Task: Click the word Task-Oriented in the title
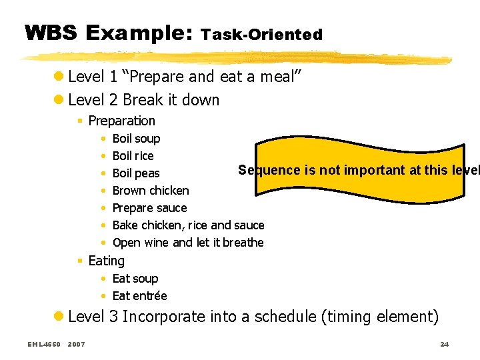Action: click(x=261, y=34)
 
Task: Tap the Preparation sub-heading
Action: click(x=121, y=121)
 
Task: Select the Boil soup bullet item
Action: click(x=136, y=139)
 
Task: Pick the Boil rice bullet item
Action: click(x=133, y=156)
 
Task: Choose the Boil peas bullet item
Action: click(x=136, y=173)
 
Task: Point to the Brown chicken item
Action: click(x=151, y=191)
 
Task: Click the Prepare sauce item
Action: click(x=149, y=208)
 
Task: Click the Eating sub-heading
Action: click(x=106, y=261)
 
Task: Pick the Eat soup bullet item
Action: click(x=135, y=279)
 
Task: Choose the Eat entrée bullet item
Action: click(x=139, y=296)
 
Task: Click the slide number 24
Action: click(x=444, y=344)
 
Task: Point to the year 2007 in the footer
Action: click(x=76, y=344)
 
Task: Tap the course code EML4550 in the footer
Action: click(x=44, y=344)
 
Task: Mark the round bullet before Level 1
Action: click(x=60, y=77)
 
